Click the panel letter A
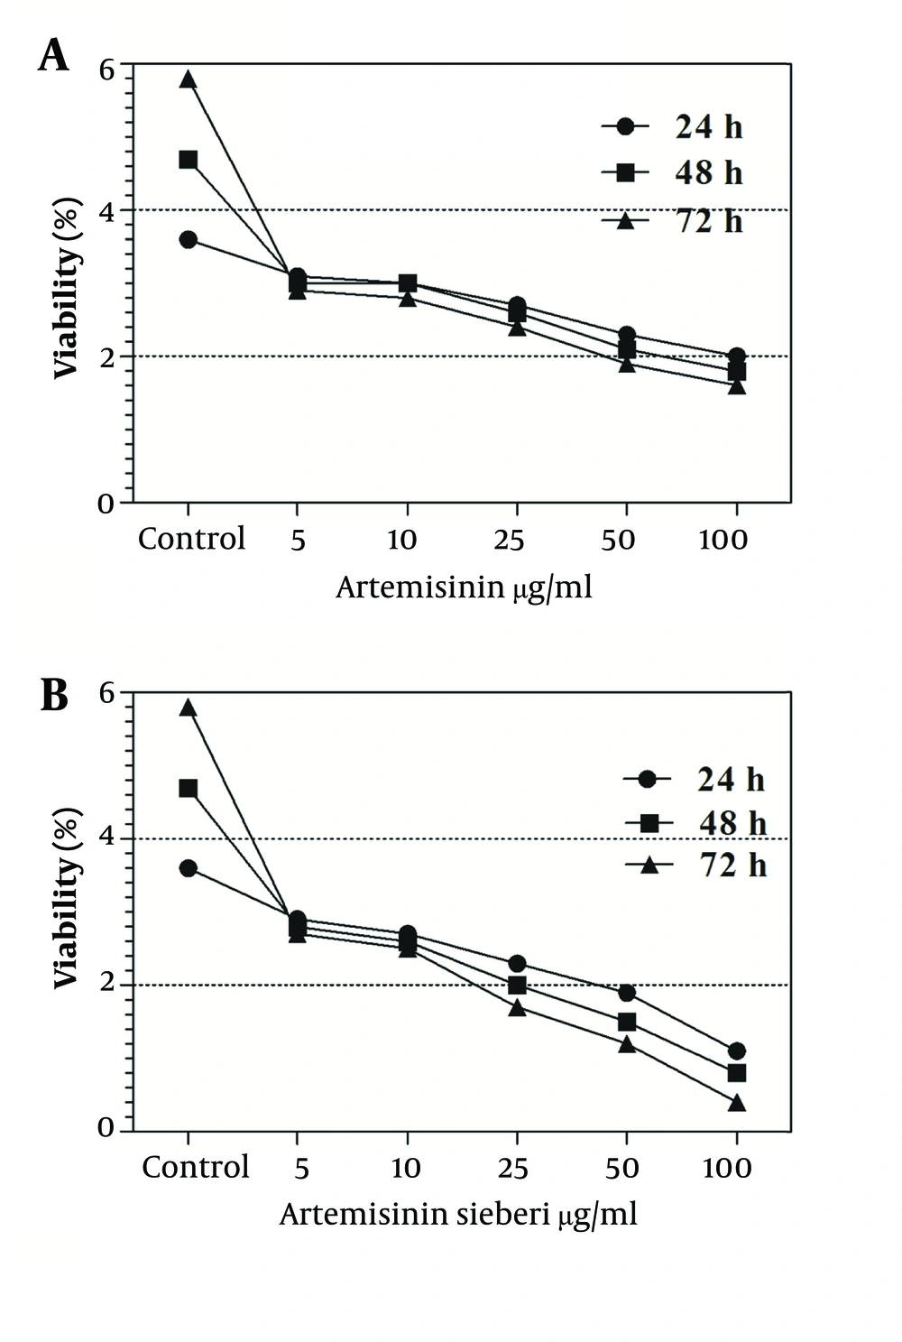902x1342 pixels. click(53, 56)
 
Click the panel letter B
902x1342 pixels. click(54, 696)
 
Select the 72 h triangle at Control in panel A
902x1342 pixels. click(188, 79)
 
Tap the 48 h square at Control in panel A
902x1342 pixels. click(188, 160)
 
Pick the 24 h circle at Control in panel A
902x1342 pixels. click(188, 239)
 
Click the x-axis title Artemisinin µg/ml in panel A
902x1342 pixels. click(464, 588)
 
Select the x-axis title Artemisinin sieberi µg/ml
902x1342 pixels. click(458, 1215)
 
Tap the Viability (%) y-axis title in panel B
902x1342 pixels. click(67, 897)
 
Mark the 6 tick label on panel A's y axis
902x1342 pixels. click(107, 69)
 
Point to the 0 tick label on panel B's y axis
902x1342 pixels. click(107, 1129)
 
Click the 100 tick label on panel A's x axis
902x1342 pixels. click(723, 541)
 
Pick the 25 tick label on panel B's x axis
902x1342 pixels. click(512, 1169)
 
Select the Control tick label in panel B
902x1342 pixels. click(195, 1167)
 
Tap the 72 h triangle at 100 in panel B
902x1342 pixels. click(736, 1103)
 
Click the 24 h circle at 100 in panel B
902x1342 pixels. click(736, 1050)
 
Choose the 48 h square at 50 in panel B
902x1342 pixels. click(626, 1022)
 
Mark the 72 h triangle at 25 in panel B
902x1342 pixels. click(517, 1007)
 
